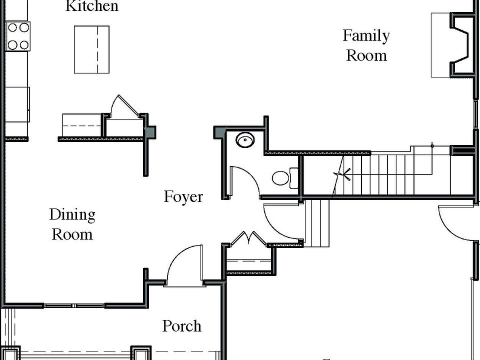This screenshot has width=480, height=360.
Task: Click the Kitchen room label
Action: [92, 6]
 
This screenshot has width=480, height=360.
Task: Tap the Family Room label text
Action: [366, 45]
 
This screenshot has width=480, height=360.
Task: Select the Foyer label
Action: [183, 196]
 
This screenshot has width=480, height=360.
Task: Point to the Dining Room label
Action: [72, 224]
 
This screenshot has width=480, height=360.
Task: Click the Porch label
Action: [181, 326]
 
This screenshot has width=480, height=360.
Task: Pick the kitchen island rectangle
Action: [91, 49]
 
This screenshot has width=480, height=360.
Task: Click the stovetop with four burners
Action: [17, 36]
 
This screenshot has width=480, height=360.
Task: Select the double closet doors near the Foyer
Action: [248, 238]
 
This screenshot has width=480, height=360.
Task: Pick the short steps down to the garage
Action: [317, 223]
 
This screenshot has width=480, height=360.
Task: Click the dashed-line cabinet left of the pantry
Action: [81, 125]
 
